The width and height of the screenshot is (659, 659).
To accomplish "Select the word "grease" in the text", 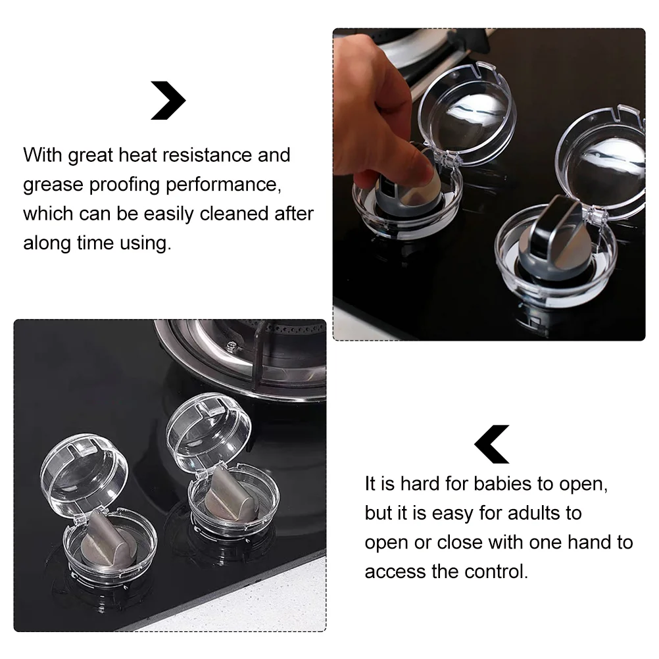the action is pos(53,185).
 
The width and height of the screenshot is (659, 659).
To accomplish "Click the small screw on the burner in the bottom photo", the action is pos(230,346).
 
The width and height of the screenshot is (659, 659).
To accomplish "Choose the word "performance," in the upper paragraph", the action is pos(224,185).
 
